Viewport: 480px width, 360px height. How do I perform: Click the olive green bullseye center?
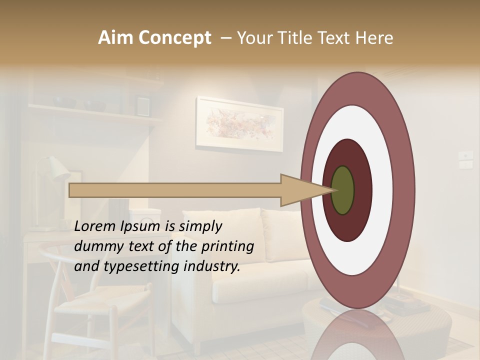pyautogui.click(x=342, y=190)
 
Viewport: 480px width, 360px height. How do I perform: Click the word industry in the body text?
pyautogui.click(x=212, y=267)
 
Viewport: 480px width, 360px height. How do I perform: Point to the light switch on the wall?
pyautogui.click(x=465, y=159)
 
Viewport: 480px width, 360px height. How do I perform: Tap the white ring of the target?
pyautogui.click(x=382, y=190)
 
